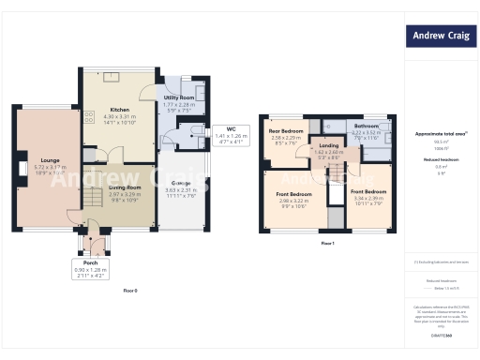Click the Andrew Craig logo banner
point(441,37)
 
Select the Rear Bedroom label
point(286,130)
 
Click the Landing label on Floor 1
point(328,145)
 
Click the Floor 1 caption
point(327,244)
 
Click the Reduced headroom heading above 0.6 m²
point(440,159)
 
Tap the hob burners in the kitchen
point(90,118)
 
